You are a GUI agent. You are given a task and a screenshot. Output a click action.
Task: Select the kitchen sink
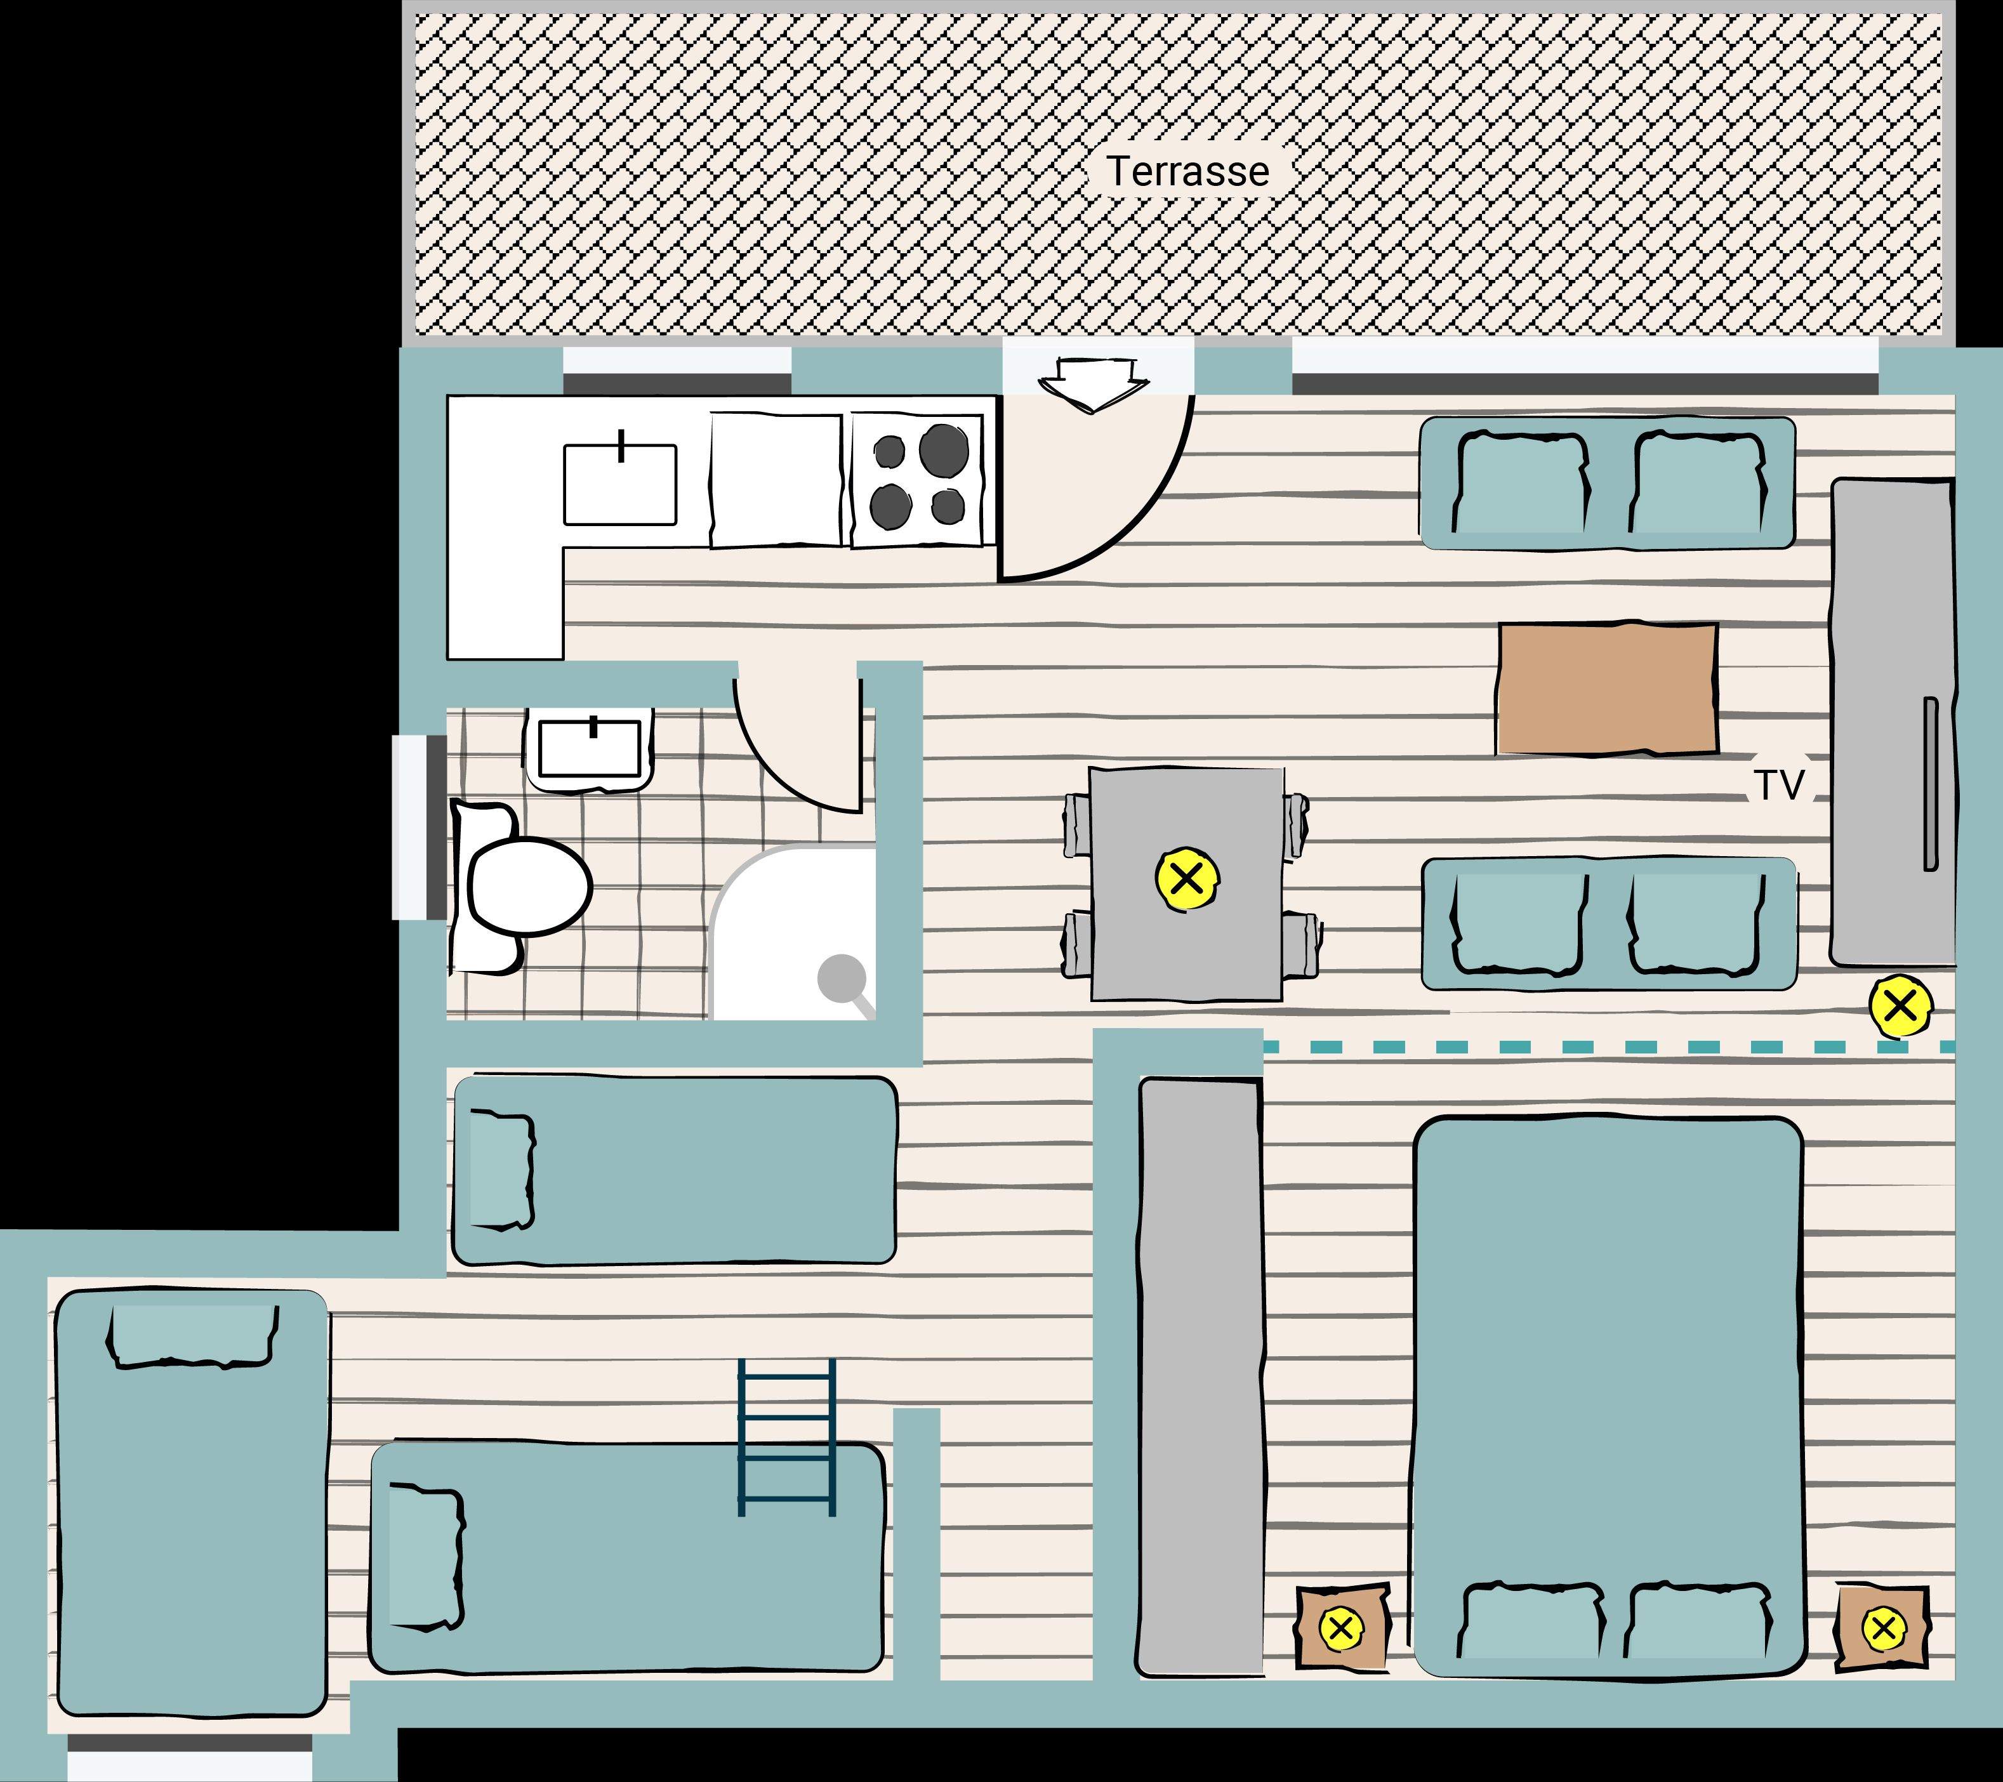tap(620, 484)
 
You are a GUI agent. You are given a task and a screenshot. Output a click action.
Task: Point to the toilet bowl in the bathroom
tap(530, 887)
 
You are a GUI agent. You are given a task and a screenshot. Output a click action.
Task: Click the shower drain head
tap(842, 978)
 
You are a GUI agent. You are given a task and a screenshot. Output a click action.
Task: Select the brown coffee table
tap(1607, 689)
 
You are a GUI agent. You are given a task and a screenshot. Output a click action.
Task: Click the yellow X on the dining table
tap(1187, 879)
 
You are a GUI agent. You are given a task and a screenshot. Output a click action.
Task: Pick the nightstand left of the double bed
tap(1342, 1627)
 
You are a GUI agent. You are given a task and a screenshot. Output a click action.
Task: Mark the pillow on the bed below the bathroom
tap(502, 1170)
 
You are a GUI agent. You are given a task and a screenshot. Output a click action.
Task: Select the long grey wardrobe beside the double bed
tap(1200, 1376)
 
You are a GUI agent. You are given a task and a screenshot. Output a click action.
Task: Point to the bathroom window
tap(420, 828)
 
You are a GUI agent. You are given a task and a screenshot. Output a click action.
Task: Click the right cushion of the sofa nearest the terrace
tap(1698, 483)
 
